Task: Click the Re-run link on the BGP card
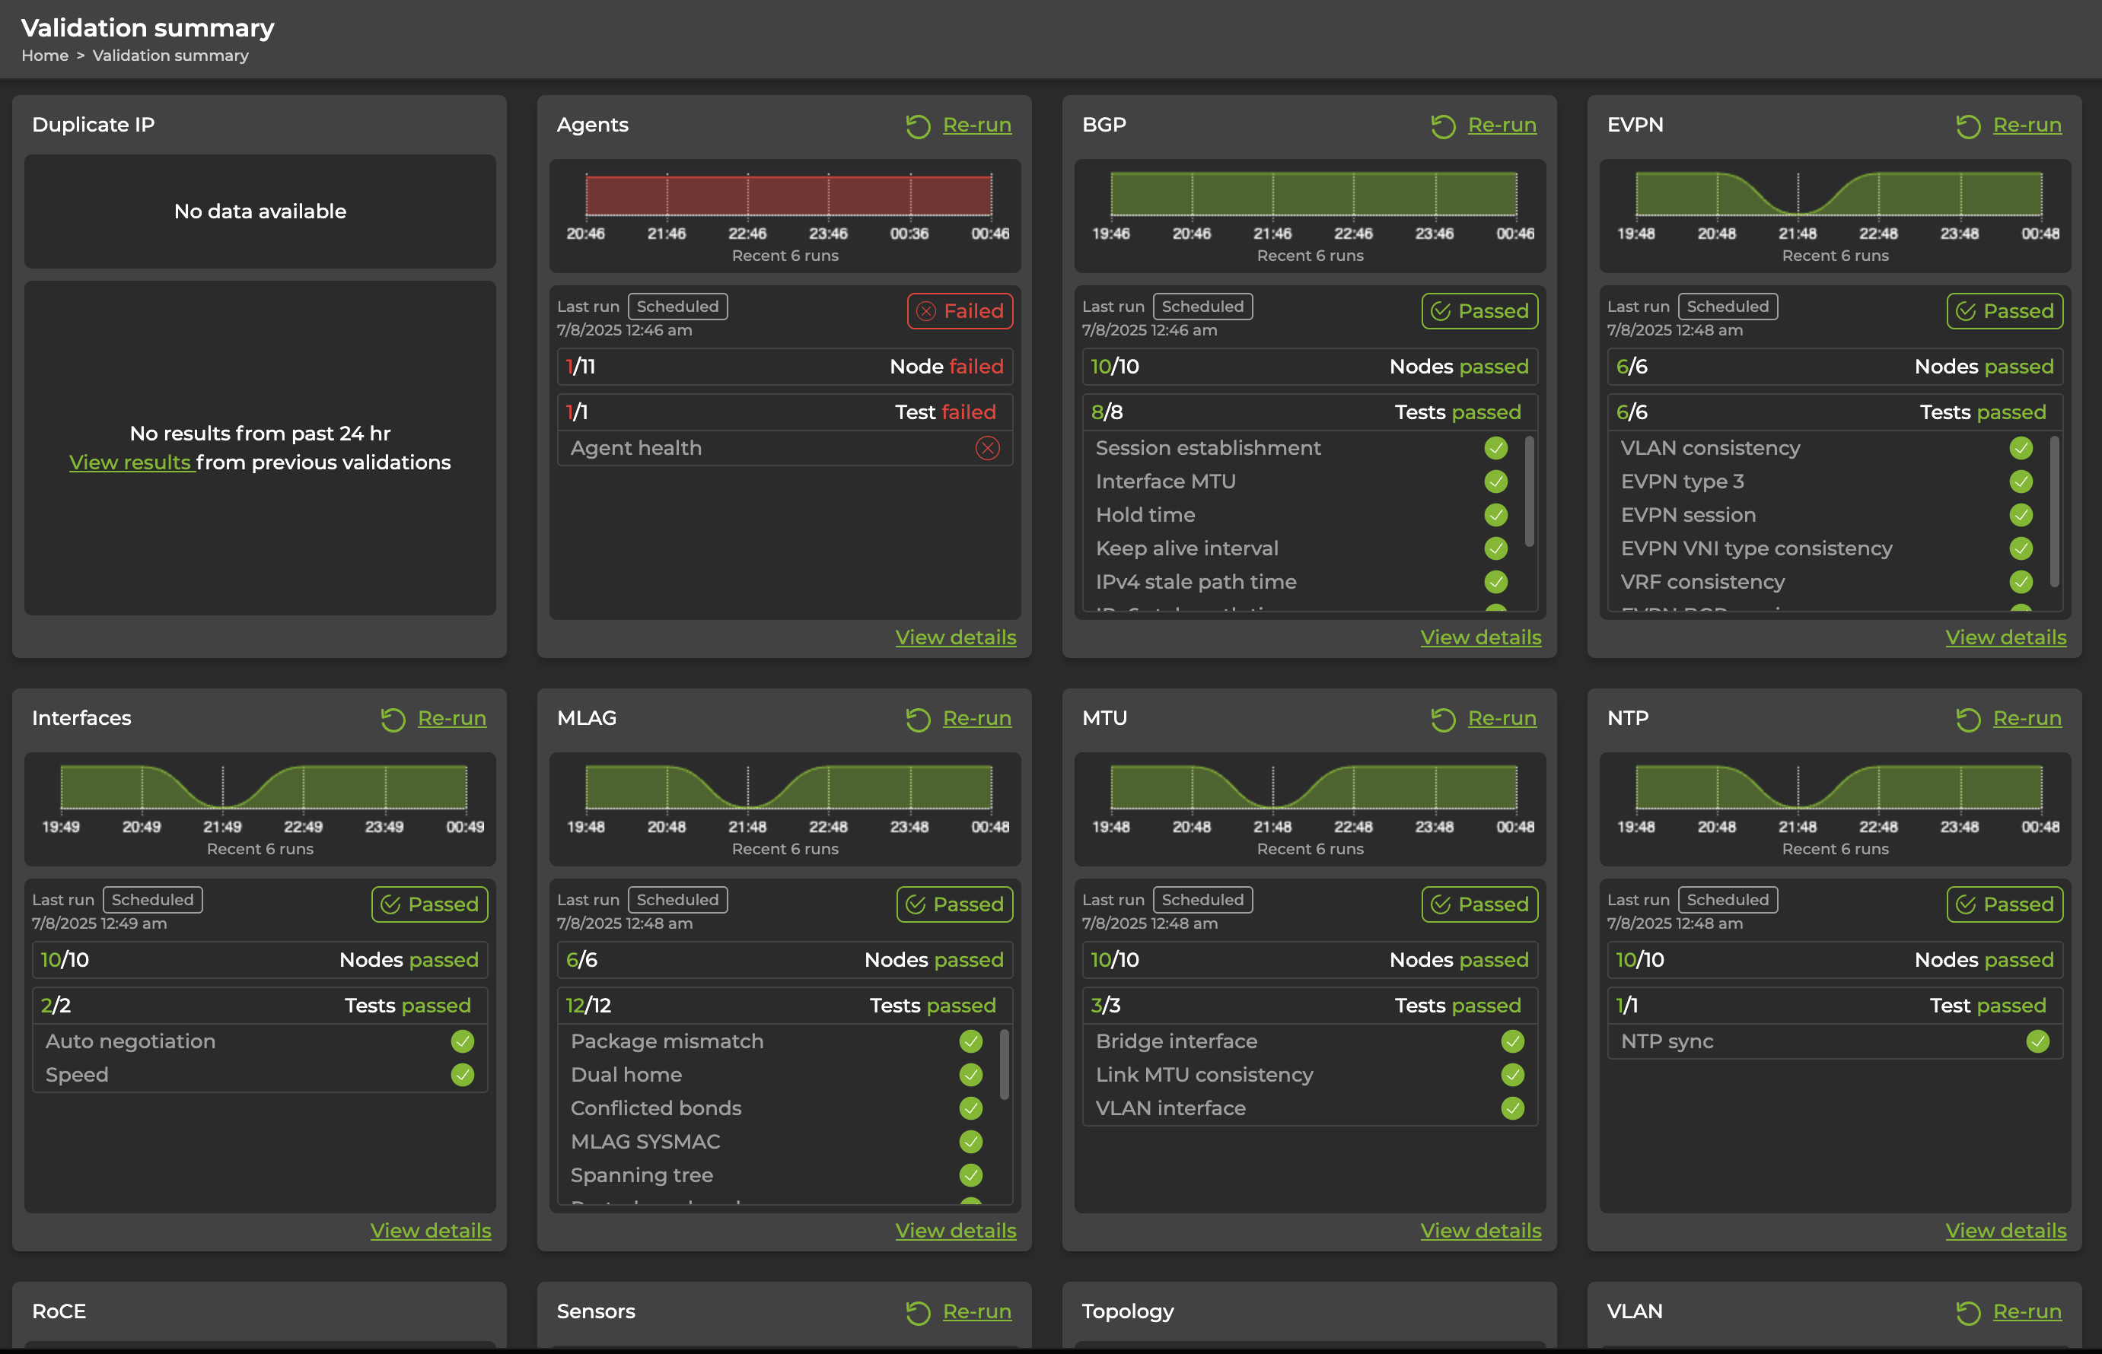[1502, 125]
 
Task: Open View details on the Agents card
[955, 637]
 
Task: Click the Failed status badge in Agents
[960, 311]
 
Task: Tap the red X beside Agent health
[987, 448]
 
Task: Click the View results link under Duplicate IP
[130, 462]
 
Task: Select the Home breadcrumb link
[45, 56]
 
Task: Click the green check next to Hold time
[1495, 515]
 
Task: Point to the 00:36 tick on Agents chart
[909, 234]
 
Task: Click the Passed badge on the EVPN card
[2005, 311]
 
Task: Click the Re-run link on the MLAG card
[976, 718]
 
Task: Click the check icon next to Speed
[462, 1076]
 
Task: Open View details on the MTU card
[1480, 1231]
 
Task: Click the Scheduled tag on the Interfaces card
[152, 899]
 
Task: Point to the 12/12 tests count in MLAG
[588, 1006]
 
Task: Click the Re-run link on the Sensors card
[976, 1312]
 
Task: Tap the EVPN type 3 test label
[1682, 482]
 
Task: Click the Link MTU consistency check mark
[1512, 1076]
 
